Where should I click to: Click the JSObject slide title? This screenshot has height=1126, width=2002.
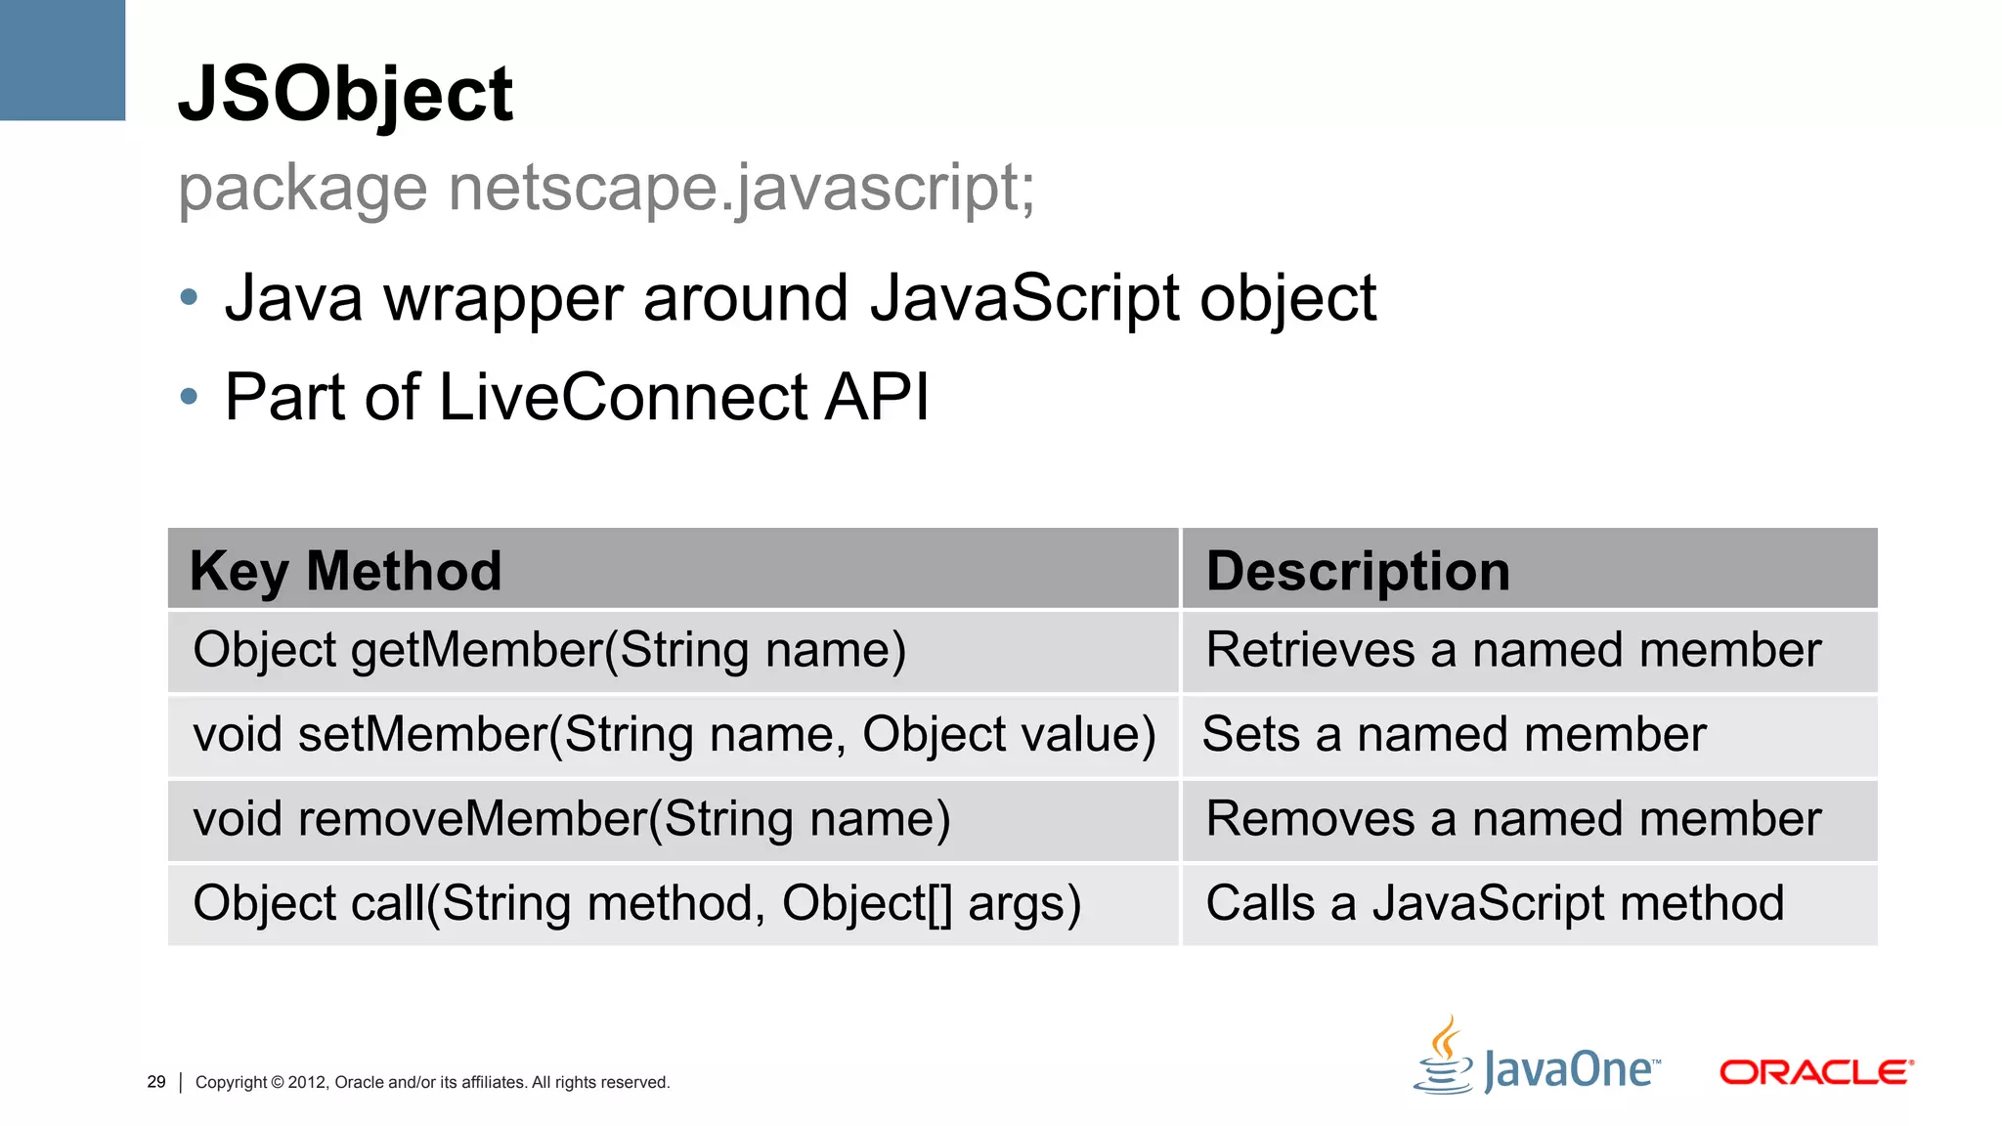(x=344, y=94)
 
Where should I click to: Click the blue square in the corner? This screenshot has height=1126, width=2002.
(x=62, y=59)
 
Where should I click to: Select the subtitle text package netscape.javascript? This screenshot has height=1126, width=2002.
(x=606, y=188)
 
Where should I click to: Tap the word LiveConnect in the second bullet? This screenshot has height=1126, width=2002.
(x=623, y=397)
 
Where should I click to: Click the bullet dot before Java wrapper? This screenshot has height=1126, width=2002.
(x=190, y=297)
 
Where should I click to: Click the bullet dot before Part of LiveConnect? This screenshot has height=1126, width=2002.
(x=190, y=397)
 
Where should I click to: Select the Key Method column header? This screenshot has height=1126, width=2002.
(x=345, y=571)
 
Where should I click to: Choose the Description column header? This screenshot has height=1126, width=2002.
(x=1358, y=571)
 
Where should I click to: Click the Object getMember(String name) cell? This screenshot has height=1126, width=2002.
(x=549, y=651)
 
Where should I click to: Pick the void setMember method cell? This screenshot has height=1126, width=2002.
(x=675, y=735)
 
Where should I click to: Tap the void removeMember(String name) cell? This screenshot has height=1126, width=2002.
(x=572, y=819)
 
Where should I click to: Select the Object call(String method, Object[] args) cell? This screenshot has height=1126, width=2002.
(x=637, y=903)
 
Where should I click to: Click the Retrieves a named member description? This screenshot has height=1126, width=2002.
(x=1513, y=651)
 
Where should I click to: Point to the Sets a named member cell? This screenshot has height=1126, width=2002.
(x=1454, y=735)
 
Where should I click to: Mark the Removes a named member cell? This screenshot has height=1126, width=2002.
(x=1513, y=819)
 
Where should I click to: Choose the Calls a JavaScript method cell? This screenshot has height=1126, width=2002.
(x=1495, y=903)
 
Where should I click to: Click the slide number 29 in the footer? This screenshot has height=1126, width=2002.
(x=156, y=1082)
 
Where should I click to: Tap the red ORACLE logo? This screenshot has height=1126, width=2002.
(x=1815, y=1072)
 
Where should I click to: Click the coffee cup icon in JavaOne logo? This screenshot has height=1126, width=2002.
(x=1444, y=1060)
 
